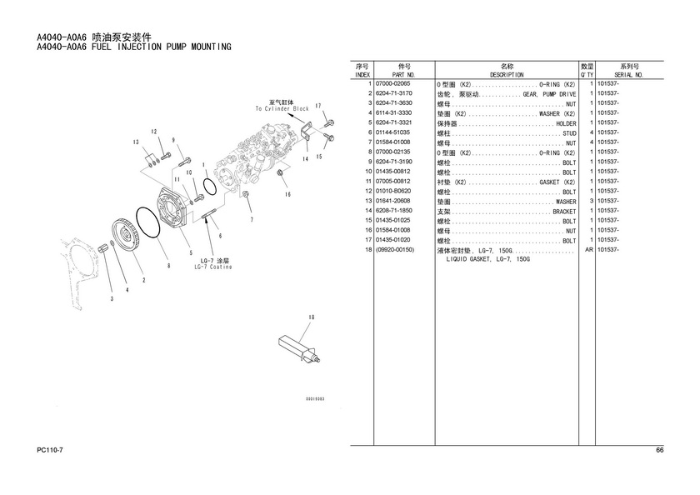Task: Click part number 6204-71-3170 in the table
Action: click(x=393, y=94)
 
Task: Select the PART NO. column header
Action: click(x=403, y=74)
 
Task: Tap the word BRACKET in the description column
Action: click(x=564, y=212)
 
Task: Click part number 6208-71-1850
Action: click(x=393, y=211)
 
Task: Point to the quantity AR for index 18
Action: click(x=588, y=250)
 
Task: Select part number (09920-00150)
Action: click(x=395, y=250)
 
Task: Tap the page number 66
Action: click(x=659, y=451)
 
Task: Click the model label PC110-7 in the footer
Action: click(x=51, y=451)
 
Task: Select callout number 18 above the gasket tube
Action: click(x=310, y=317)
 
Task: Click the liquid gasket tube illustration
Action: click(x=298, y=349)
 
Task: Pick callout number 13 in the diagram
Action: click(x=136, y=142)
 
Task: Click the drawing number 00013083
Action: click(x=314, y=399)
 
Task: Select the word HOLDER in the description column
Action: click(x=566, y=124)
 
